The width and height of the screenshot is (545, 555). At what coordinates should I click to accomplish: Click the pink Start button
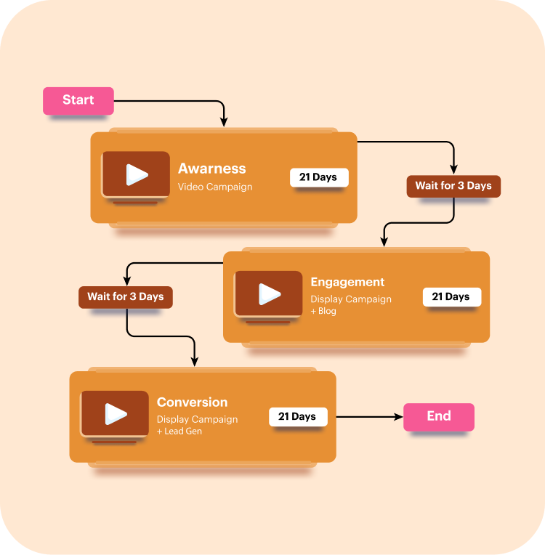coord(78,100)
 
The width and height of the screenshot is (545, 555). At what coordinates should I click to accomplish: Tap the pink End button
coord(439,416)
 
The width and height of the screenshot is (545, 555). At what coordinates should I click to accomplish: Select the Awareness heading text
coord(212,169)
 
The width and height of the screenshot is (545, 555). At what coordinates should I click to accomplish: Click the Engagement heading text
coord(347,282)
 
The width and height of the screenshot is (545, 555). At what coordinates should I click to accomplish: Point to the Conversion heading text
coord(192,402)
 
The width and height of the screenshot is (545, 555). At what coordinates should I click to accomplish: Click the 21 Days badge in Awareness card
coord(319,177)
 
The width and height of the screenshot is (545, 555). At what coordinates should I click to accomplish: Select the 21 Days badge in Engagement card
coord(451,296)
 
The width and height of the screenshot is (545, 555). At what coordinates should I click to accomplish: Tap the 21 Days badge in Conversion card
coord(298,416)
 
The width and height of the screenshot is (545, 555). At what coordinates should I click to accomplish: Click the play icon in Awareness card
coord(137,174)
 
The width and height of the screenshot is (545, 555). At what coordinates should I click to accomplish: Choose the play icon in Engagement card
coord(270,294)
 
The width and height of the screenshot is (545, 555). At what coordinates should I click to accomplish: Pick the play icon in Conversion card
coord(116,414)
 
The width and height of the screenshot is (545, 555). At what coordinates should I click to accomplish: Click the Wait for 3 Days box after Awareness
coord(453,186)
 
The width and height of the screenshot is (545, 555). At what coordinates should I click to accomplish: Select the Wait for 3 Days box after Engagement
coord(126,296)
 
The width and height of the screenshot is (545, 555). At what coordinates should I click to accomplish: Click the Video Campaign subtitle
coord(215,187)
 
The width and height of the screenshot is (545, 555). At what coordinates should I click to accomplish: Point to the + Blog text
coord(323,312)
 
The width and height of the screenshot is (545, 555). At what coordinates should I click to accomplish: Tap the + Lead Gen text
coord(179,432)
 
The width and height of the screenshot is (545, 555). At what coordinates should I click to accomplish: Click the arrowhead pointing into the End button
coord(398,417)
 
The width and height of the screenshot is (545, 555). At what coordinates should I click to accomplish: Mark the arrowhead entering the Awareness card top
coord(224,122)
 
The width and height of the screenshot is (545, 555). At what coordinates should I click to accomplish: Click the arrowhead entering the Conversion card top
coord(194,361)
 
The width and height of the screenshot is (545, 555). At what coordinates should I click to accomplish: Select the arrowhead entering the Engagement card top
coord(384,242)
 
